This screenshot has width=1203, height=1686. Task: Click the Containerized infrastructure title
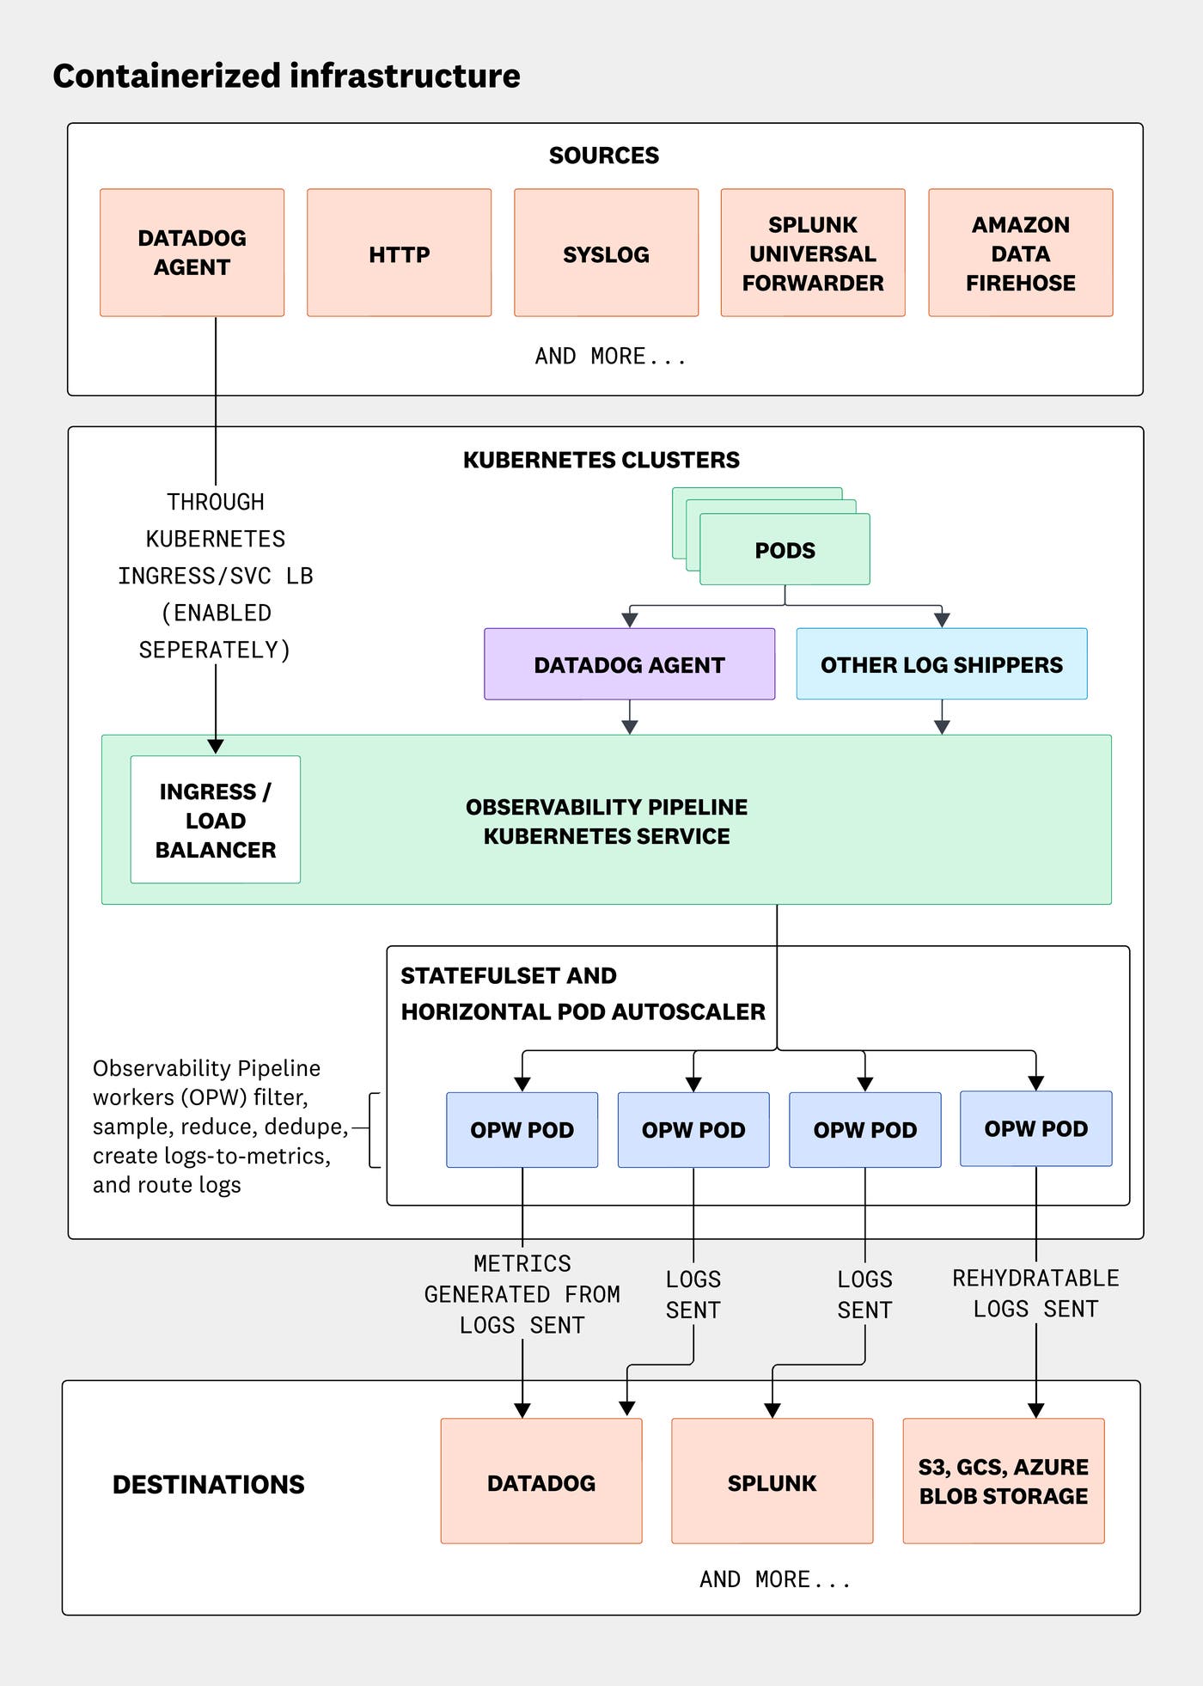point(286,76)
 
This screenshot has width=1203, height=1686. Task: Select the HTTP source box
point(399,254)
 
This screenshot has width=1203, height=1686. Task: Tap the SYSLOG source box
point(606,254)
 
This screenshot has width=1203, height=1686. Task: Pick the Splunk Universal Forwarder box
point(812,254)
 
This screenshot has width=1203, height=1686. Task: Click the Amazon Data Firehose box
point(1020,254)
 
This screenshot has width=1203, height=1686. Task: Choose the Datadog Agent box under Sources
point(192,253)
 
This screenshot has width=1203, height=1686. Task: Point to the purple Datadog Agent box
point(629,664)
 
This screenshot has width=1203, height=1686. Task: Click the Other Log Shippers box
point(941,664)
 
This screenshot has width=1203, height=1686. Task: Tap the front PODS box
point(785,550)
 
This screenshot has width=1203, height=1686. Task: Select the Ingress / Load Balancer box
point(215,820)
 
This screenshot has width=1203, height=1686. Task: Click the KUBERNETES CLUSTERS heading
point(601,460)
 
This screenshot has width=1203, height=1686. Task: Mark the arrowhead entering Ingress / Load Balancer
point(216,746)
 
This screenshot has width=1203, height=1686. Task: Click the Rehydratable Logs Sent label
point(1035,1293)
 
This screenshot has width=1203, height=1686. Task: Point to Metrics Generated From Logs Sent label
point(522,1294)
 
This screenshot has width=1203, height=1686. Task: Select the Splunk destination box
point(772,1482)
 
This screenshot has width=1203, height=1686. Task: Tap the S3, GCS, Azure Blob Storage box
point(1003,1481)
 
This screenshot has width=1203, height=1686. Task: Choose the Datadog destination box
point(540,1482)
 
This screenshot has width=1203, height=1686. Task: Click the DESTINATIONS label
point(208,1484)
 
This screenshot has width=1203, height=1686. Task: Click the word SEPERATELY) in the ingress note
point(215,650)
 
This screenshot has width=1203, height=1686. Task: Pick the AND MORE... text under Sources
point(610,356)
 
